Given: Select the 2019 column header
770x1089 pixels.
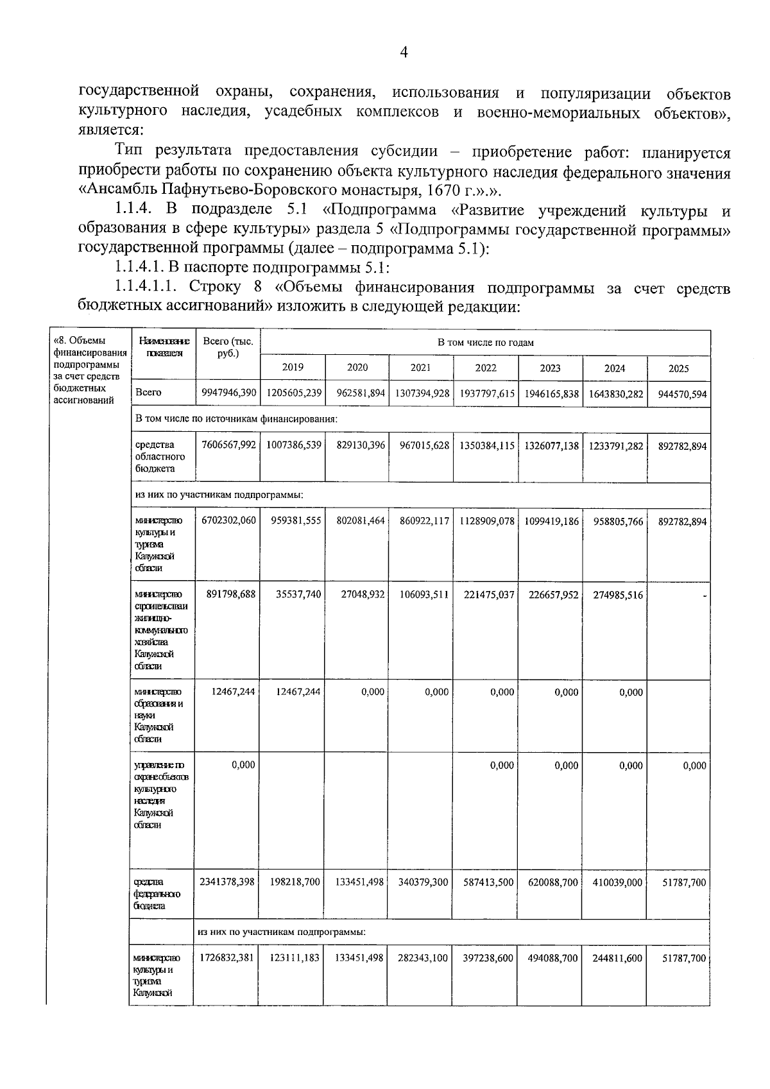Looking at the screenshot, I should coord(293,368).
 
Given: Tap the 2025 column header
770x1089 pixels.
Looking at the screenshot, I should coord(678,368).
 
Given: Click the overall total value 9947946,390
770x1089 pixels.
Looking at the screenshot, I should coord(228,393).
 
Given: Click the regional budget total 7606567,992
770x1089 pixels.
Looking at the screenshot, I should coord(228,445).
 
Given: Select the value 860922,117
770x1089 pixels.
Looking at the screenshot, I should coord(421,521).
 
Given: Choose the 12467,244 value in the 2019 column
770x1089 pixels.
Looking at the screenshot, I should coord(293,692).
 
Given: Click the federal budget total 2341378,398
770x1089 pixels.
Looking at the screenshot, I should coord(227,882).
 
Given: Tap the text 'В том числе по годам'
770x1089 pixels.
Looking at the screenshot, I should coord(485,343).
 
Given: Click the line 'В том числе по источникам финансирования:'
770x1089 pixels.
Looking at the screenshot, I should coord(237,419).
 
